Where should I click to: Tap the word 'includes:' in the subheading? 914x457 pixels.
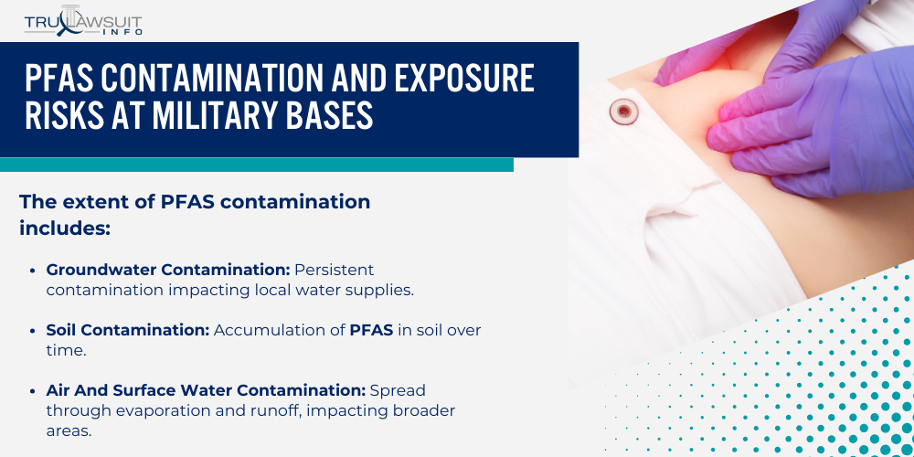65,228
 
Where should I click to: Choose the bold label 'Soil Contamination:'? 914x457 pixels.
128,329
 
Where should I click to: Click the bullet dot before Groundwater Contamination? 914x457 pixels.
34,271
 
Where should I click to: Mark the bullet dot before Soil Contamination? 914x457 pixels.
34,330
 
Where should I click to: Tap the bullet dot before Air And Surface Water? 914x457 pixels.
34,390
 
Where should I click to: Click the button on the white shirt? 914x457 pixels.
624,112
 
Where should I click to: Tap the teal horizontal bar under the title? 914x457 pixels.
256,165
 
